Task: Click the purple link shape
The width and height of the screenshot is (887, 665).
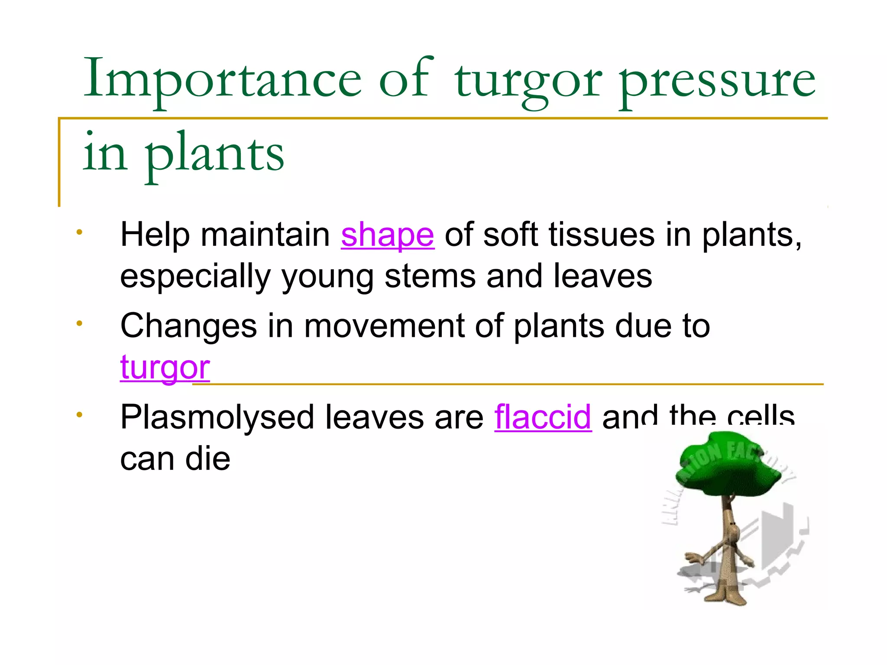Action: (x=387, y=235)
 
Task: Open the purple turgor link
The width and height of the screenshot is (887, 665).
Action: (x=165, y=367)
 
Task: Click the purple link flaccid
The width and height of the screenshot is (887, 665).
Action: (x=543, y=417)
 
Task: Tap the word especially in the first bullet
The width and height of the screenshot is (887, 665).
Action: (x=195, y=277)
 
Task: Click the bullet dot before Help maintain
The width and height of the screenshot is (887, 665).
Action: (x=79, y=232)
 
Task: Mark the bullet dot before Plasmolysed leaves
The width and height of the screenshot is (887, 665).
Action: (x=79, y=415)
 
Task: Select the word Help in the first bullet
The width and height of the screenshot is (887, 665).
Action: (x=155, y=235)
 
